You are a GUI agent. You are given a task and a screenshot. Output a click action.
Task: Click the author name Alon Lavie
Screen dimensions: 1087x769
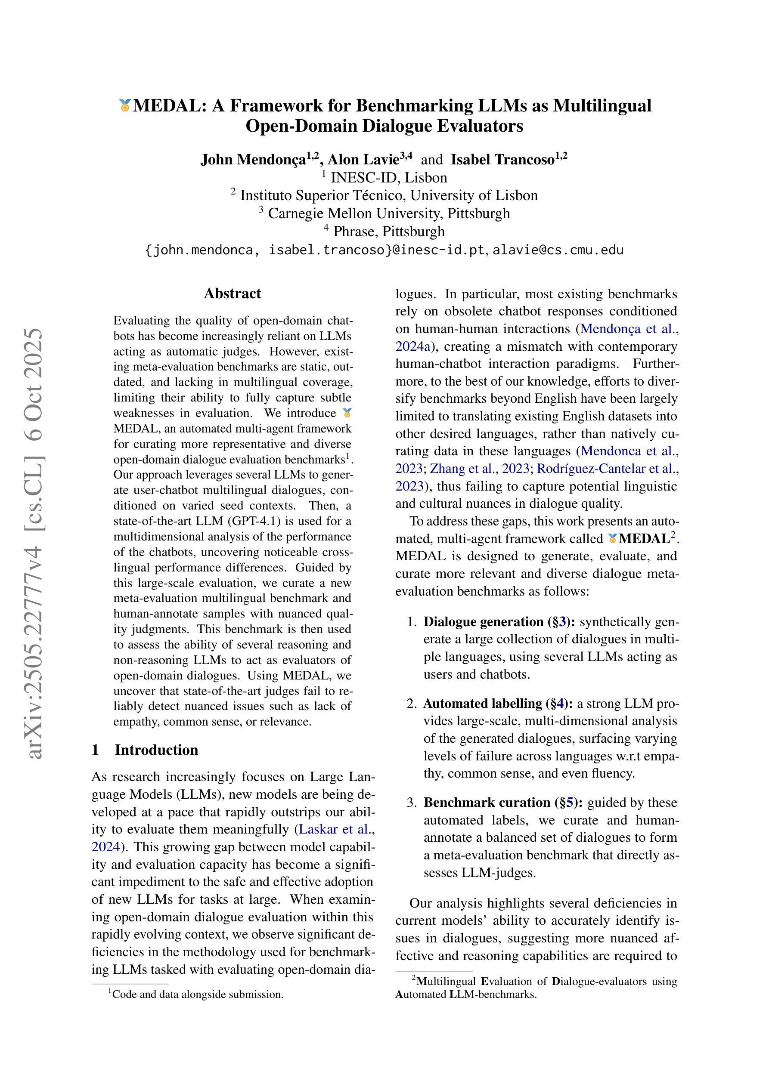click(363, 160)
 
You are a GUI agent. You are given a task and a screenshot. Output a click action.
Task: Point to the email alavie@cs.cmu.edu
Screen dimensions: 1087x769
click(558, 250)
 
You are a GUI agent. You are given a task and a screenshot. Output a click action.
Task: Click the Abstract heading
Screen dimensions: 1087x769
click(232, 293)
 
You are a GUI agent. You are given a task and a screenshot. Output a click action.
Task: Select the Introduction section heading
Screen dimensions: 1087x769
click(156, 750)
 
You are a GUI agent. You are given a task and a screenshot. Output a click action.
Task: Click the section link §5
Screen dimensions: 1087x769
click(567, 803)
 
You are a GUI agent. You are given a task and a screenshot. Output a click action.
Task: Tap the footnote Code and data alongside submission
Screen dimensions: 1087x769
click(198, 994)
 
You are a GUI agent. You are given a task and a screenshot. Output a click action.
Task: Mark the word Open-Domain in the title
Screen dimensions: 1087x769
click(301, 126)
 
